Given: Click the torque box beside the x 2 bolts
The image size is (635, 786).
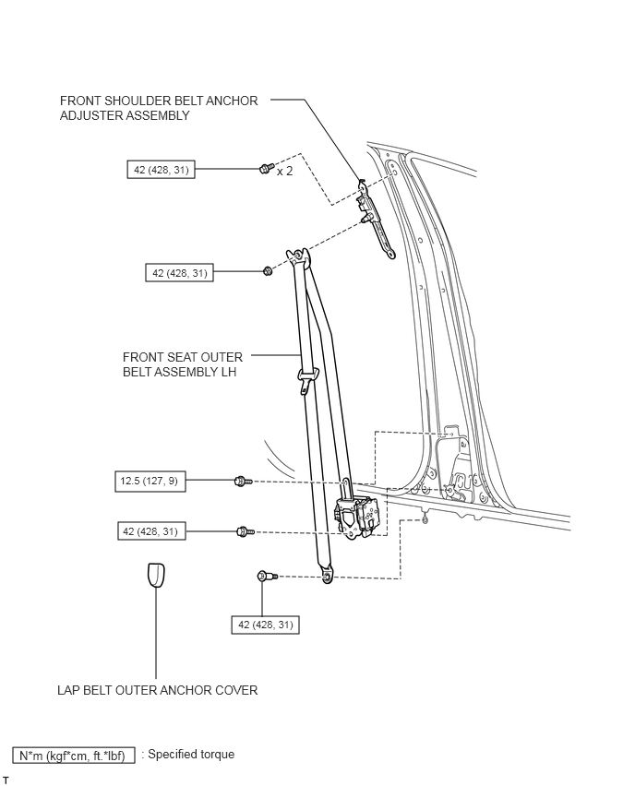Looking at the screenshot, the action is (x=161, y=170).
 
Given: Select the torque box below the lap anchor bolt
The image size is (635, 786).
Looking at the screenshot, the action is (x=265, y=625).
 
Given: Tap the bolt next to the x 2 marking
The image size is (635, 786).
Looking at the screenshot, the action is (x=267, y=168).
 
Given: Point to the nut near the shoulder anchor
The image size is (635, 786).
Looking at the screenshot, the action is (x=268, y=271).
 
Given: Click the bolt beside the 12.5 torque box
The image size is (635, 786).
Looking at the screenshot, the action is (x=244, y=482).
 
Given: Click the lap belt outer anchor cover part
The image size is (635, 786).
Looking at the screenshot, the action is (x=156, y=575).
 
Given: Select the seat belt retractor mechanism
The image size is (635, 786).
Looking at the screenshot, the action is (x=360, y=517).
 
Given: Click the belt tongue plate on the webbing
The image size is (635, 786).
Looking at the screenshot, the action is (x=308, y=379).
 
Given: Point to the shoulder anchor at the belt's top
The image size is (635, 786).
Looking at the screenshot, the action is (x=298, y=256).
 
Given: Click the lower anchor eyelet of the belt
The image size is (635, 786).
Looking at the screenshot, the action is (x=327, y=576).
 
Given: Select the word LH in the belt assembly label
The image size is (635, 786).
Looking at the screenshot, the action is (x=228, y=372).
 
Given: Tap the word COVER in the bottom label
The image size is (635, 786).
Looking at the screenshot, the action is (x=236, y=690).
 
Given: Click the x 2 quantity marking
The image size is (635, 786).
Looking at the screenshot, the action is (x=285, y=172).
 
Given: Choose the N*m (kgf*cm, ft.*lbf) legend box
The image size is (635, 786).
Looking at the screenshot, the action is (x=74, y=755).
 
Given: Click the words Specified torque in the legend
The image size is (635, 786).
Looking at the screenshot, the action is (x=191, y=755).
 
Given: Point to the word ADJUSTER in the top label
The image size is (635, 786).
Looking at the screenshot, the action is (x=90, y=115).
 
